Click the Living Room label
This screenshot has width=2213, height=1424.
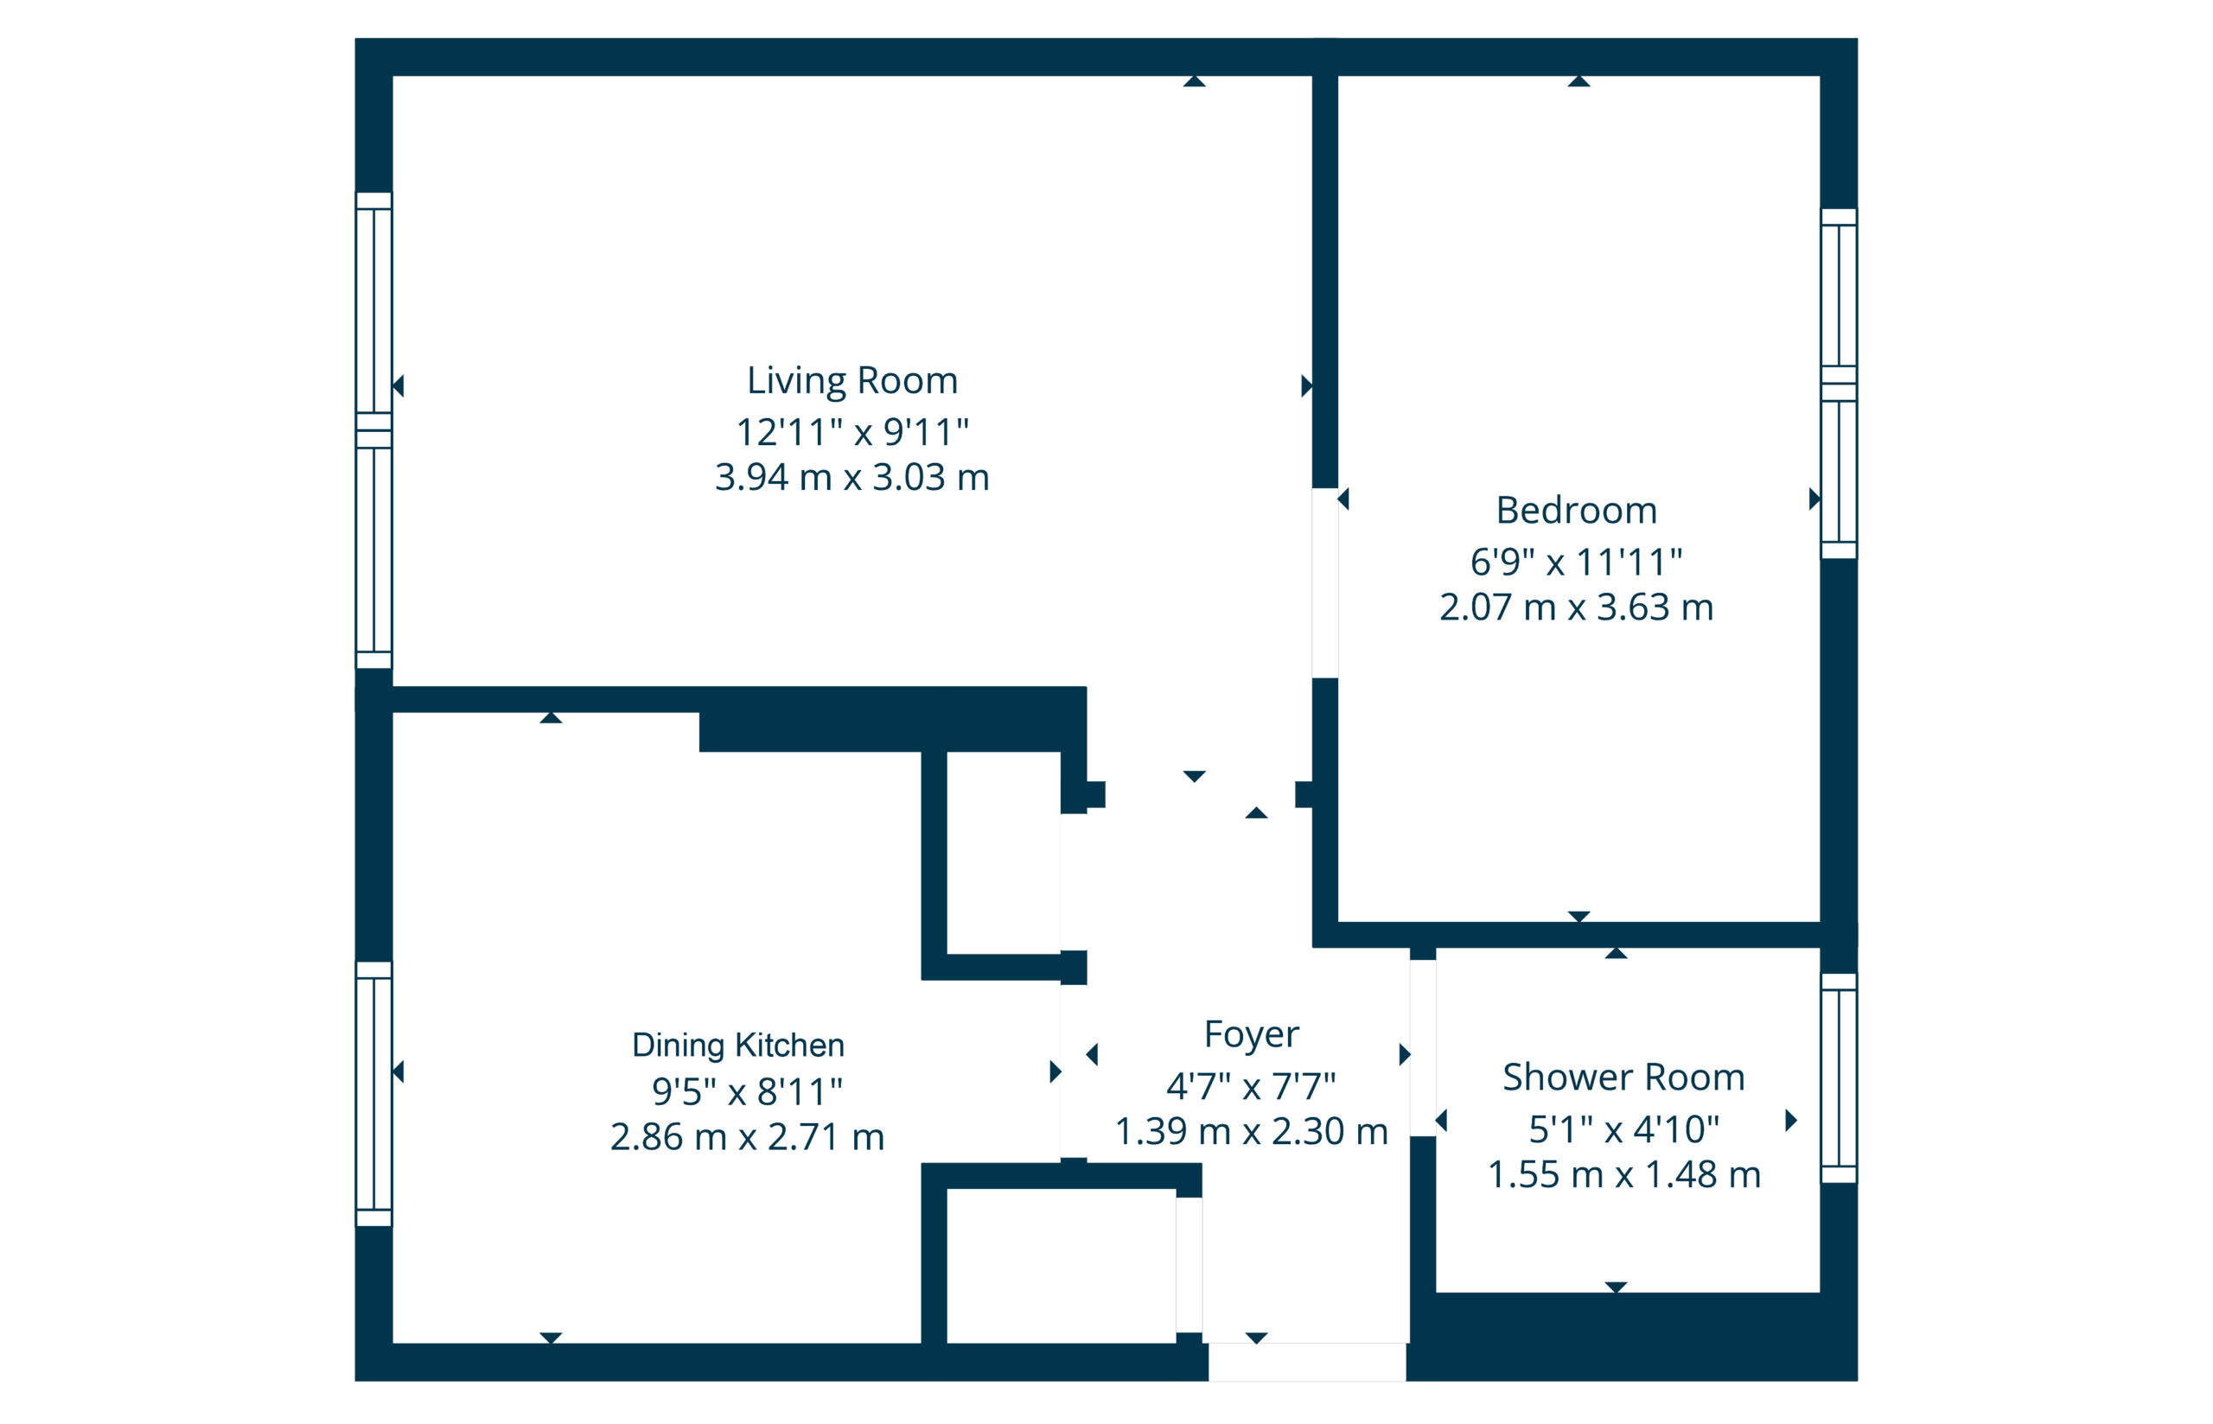click(x=851, y=381)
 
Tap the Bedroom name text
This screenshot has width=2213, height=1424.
click(x=1576, y=511)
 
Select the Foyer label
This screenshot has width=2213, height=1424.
click(x=1250, y=1034)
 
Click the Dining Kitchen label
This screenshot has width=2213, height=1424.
click(x=738, y=1046)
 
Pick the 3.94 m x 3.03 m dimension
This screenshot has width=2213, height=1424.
click(x=851, y=477)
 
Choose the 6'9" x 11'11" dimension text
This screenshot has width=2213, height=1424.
click(x=1576, y=562)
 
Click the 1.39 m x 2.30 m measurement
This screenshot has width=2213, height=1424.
click(x=1250, y=1132)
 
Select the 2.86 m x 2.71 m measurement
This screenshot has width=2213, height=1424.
click(x=747, y=1136)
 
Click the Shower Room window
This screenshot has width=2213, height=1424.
click(x=1839, y=1078)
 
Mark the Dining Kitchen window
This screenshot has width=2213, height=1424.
click(x=373, y=1094)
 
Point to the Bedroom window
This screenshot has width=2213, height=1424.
click(x=1839, y=384)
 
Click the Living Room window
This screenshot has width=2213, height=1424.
click(x=373, y=430)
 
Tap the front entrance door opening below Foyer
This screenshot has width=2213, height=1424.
click(x=1307, y=1362)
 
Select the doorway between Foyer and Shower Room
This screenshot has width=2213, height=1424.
click(x=1422, y=1047)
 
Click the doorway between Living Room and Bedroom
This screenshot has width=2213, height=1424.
click(x=1324, y=582)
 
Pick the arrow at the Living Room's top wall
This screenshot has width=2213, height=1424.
click(x=1194, y=81)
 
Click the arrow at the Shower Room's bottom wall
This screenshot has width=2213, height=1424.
click(x=1616, y=1287)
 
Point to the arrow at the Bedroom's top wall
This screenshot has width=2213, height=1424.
click(x=1578, y=81)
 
